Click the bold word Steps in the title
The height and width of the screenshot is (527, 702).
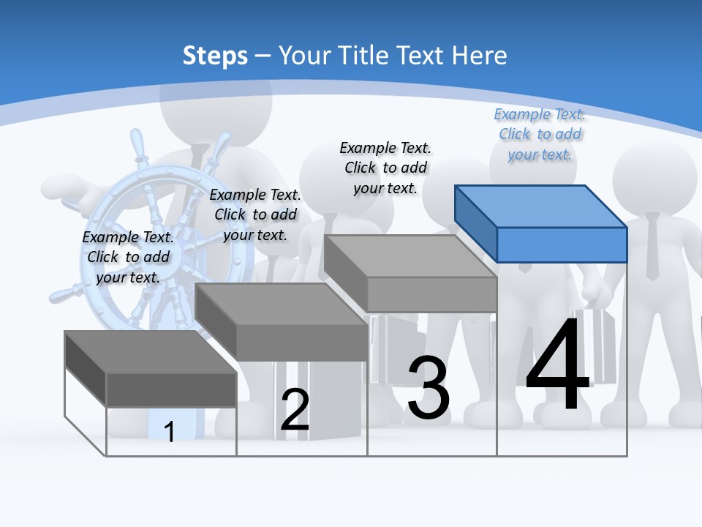pyautogui.click(x=215, y=56)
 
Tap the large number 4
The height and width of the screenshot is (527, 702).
pyautogui.click(x=557, y=366)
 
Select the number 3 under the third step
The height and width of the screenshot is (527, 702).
pyautogui.click(x=429, y=388)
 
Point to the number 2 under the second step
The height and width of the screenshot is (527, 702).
pyautogui.click(x=295, y=411)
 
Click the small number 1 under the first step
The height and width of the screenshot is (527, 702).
pyautogui.click(x=170, y=432)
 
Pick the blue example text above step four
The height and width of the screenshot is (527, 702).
pyautogui.click(x=540, y=134)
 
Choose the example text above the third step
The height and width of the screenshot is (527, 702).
pyautogui.click(x=385, y=168)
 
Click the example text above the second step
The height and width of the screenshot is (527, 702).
pyautogui.click(x=255, y=214)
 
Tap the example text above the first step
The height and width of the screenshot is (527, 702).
pyautogui.click(x=128, y=257)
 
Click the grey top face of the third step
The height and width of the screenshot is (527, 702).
pyautogui.click(x=410, y=255)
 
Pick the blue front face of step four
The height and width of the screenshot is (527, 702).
pyautogui.click(x=562, y=244)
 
